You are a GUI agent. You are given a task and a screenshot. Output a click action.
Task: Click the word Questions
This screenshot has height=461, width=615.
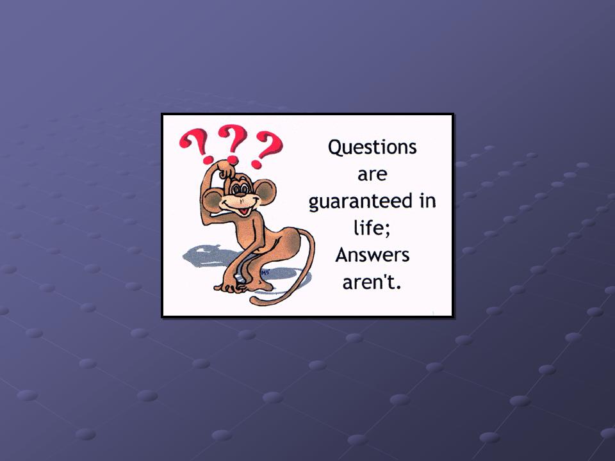[x=372, y=147]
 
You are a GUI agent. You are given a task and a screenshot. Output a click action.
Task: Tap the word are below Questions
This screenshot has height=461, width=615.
[x=372, y=175]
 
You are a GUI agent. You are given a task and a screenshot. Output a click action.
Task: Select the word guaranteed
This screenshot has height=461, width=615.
[x=361, y=202]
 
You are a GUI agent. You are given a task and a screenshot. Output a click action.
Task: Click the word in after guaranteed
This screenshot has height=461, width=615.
[x=427, y=200]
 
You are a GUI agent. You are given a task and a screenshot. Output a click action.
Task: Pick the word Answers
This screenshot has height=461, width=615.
[x=372, y=255]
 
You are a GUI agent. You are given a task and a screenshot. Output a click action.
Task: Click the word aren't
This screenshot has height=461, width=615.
[x=370, y=282]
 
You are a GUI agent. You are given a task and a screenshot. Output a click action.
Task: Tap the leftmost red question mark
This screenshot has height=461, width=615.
[x=196, y=146]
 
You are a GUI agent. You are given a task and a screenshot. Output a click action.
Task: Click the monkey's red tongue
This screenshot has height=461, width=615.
[x=244, y=211]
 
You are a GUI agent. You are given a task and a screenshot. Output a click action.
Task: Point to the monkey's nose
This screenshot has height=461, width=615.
[x=240, y=195]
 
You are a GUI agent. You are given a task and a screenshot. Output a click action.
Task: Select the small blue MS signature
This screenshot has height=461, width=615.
[x=265, y=272]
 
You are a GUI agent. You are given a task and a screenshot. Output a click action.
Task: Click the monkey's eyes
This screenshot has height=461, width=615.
[x=240, y=188]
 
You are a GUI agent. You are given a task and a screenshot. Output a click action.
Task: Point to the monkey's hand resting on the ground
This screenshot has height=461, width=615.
[x=231, y=287]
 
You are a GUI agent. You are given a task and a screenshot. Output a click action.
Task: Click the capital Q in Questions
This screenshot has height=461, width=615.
[x=335, y=148]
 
